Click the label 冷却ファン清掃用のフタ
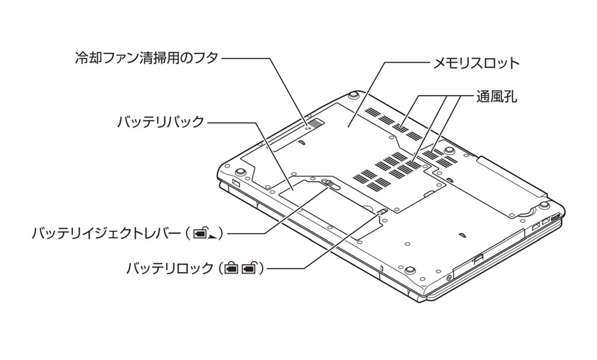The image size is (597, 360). (146, 58)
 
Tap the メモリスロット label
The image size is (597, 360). (475, 63)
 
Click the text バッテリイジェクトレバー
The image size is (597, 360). (106, 234)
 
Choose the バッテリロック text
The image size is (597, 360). (170, 269)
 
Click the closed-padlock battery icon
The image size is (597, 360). (231, 269)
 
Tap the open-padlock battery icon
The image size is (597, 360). (250, 269)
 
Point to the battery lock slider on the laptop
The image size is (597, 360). (382, 212)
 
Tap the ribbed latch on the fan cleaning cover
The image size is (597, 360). (315, 123)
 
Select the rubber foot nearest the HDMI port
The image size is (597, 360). (543, 204)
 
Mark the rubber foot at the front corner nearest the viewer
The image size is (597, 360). (410, 269)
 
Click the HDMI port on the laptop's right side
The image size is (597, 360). (556, 218)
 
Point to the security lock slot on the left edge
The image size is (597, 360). (236, 184)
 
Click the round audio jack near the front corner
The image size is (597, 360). (448, 278)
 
